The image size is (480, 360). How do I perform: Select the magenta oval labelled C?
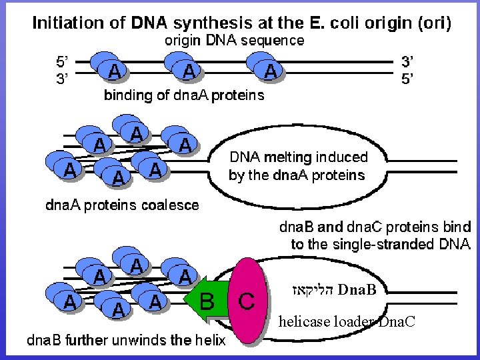245,301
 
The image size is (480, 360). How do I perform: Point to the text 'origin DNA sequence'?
234,40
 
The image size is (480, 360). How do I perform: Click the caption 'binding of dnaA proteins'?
184,95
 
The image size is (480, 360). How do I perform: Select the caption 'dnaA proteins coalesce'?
122,205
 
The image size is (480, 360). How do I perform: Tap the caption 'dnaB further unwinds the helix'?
125,341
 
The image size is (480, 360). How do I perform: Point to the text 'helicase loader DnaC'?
347,322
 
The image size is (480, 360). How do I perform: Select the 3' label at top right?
408,62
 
